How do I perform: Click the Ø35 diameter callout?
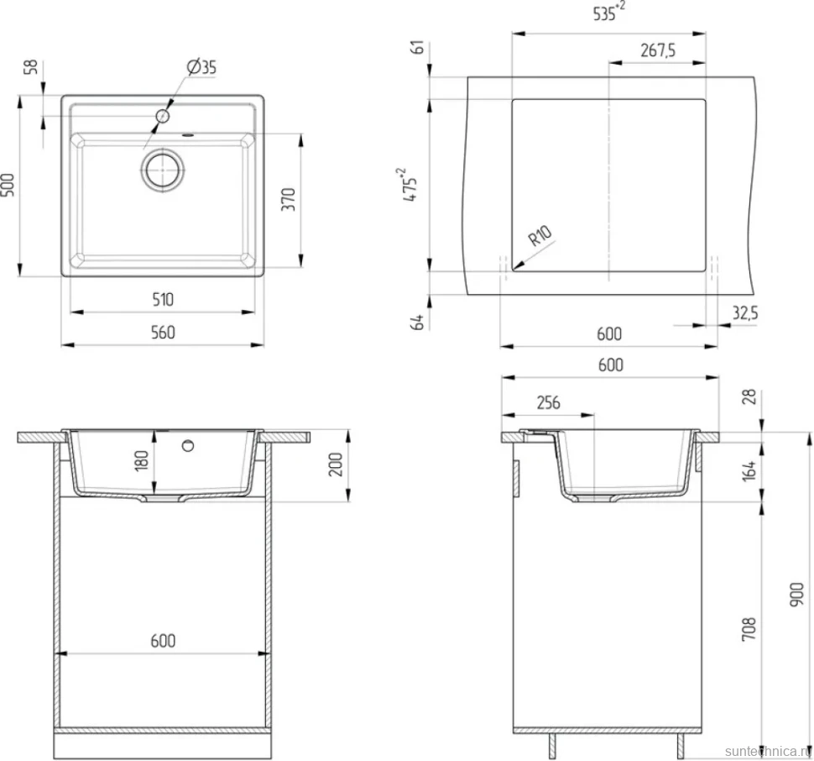202,67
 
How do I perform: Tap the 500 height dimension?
8,185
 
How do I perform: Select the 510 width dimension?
163,299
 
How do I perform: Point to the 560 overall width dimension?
163,333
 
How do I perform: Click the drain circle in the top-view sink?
163,170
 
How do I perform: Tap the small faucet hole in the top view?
163,116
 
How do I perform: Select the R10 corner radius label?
540,236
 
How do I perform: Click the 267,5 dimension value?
658,50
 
